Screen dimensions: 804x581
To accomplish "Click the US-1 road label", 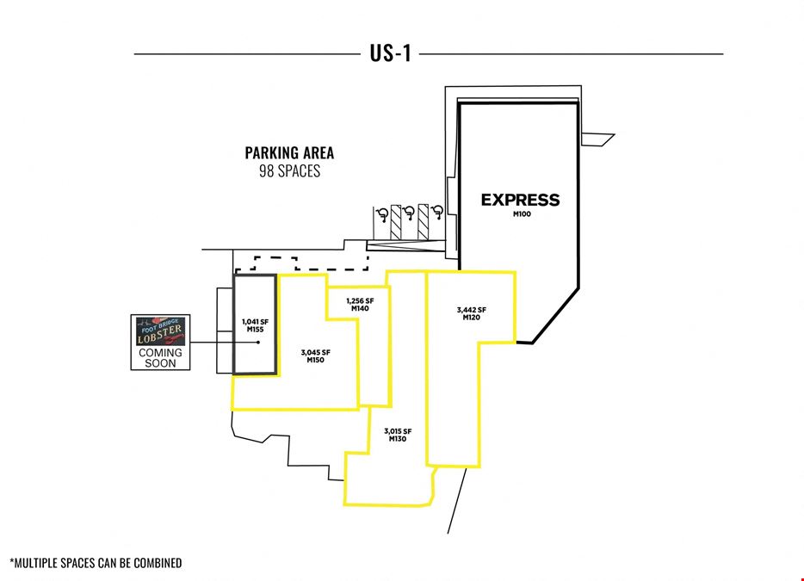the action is (x=390, y=53).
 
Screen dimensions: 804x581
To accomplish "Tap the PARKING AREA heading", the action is (x=289, y=153).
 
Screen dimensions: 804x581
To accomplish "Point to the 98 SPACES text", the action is (x=290, y=170).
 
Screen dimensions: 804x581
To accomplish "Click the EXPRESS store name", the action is (x=520, y=200).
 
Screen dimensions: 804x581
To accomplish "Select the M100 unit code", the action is (x=522, y=213).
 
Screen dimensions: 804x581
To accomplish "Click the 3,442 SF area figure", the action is (x=471, y=310).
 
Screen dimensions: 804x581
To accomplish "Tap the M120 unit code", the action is (x=471, y=318).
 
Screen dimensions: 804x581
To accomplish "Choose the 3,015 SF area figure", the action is (x=398, y=431).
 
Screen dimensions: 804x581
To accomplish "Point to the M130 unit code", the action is (x=398, y=439).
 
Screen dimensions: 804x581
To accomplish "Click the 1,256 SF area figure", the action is (x=360, y=301).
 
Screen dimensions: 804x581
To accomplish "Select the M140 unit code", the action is (x=360, y=308).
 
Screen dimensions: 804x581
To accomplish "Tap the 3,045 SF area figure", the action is (x=315, y=352).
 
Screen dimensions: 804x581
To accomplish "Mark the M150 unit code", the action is (x=315, y=360).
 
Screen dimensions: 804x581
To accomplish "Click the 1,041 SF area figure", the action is (x=255, y=322).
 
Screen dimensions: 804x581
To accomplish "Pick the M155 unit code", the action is (x=255, y=329).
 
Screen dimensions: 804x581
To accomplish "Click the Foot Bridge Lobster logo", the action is (x=160, y=331).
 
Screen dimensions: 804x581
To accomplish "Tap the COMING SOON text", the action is (x=160, y=358).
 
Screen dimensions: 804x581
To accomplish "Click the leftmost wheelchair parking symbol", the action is (x=382, y=214).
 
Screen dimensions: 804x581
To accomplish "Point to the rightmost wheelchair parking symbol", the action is (x=437, y=213).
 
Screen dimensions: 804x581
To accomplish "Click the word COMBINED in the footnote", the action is (x=158, y=563).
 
